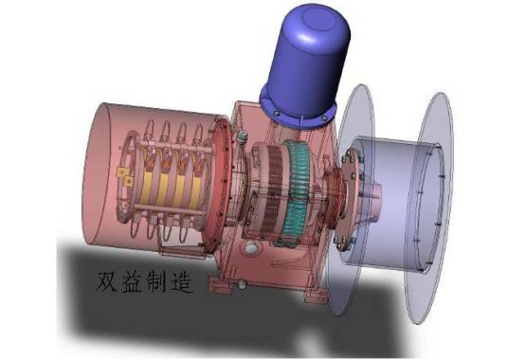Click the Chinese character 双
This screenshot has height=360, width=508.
coord(106,282)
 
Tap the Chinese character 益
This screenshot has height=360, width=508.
coord(132,282)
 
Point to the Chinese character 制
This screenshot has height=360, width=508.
coord(156,282)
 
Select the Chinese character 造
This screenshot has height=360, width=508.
coord(182,282)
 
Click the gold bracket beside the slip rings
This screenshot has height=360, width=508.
coord(125,176)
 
